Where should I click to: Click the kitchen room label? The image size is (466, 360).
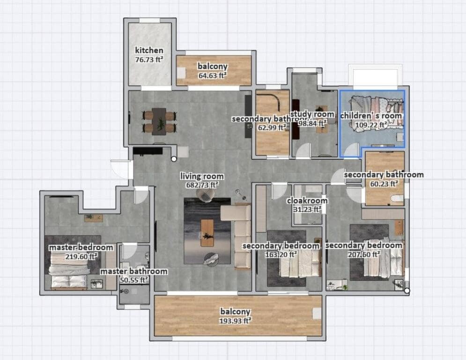149,51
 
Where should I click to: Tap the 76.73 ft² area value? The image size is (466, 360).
149,59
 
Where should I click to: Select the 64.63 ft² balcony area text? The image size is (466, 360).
212,75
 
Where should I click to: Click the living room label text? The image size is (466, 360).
202,177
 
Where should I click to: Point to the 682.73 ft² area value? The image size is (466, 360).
202,185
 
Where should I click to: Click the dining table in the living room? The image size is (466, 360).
159,121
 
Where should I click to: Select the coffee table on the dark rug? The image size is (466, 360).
207,232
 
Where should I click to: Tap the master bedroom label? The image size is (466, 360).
81,247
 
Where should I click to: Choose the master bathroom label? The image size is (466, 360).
134,271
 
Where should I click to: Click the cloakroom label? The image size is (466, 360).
307,201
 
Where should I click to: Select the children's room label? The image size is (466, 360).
371,116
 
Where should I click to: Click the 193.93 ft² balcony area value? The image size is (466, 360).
235,321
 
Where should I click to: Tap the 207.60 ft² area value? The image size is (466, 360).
363,254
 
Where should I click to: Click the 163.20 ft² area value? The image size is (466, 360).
280,255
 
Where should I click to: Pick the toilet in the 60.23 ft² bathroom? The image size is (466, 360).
397,199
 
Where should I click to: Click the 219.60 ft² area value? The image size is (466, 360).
81,256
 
